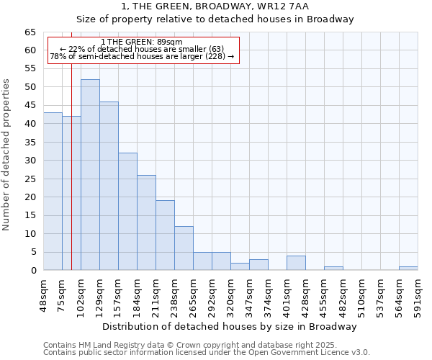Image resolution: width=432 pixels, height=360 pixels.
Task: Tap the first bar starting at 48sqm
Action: pyautogui.click(x=53, y=192)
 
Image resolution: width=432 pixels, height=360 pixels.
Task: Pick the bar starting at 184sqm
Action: pyautogui.click(x=146, y=222)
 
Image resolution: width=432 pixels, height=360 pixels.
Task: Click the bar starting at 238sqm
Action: pyautogui.click(x=184, y=248)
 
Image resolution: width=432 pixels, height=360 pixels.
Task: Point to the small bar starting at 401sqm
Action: pyautogui.click(x=296, y=263)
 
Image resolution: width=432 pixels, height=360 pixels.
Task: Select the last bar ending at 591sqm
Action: pyautogui.click(x=408, y=269)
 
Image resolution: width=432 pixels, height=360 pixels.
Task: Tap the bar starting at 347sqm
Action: pyautogui.click(x=258, y=265)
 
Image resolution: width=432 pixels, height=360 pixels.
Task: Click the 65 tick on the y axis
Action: pyautogui.click(x=30, y=32)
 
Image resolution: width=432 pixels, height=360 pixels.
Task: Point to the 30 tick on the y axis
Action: pyautogui.click(x=30, y=161)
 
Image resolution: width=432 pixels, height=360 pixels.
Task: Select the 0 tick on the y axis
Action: pyautogui.click(x=32, y=271)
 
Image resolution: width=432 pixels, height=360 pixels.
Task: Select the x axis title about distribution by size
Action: pyautogui.click(x=230, y=327)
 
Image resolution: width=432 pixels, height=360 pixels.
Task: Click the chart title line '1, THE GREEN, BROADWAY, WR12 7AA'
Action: pyautogui.click(x=215, y=7)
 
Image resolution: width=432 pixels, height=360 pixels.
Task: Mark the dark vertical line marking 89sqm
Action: pyautogui.click(x=71, y=180)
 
